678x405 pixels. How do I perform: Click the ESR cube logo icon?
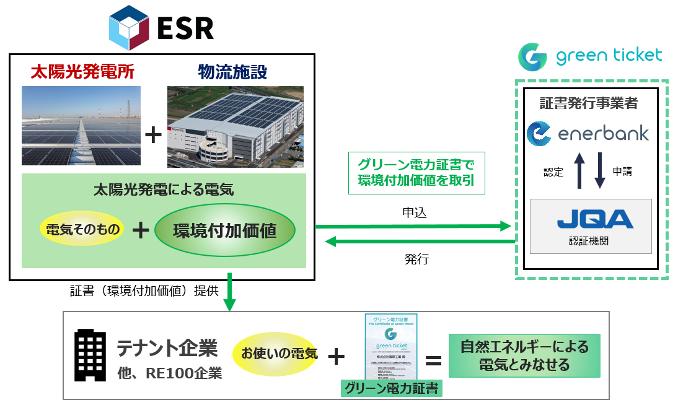[x=130, y=28]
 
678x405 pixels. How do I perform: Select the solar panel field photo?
[x=81, y=127]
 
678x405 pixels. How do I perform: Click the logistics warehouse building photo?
[x=236, y=127]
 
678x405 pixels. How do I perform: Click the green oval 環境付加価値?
[x=225, y=231]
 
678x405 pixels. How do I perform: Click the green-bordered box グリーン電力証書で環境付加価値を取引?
[x=416, y=174]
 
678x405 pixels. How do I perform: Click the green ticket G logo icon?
[x=532, y=56]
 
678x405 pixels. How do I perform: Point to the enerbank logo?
[x=587, y=134]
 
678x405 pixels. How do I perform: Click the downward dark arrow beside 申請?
[x=599, y=172]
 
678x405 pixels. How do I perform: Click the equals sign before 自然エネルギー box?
[x=433, y=361]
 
